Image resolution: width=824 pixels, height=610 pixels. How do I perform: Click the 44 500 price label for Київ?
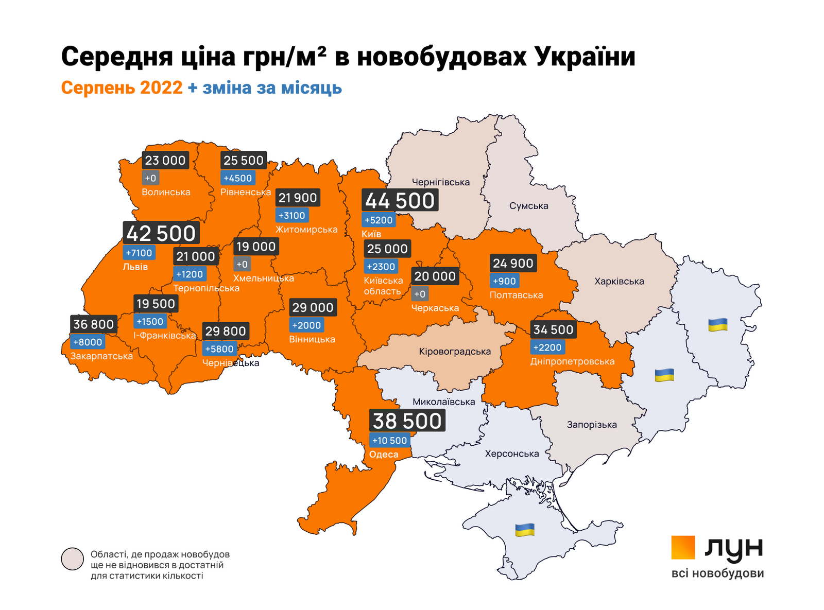(x=400, y=200)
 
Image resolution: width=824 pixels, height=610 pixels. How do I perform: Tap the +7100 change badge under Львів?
(x=139, y=253)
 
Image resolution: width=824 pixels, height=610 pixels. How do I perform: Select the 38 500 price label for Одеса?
(x=407, y=421)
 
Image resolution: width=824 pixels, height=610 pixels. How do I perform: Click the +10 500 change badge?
(x=390, y=441)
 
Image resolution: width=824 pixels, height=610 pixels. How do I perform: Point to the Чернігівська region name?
(x=441, y=182)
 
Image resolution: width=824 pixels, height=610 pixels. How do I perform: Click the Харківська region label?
(x=619, y=282)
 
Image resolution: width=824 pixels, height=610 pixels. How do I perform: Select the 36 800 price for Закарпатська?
(x=93, y=324)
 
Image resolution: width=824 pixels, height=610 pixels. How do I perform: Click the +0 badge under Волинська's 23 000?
(x=150, y=179)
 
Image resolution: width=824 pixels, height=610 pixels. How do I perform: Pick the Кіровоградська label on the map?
(x=455, y=352)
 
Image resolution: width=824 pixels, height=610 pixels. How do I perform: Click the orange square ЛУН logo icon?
(x=683, y=547)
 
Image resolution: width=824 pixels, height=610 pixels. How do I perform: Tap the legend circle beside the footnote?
(x=72, y=559)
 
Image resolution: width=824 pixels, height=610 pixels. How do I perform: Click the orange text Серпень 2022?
(x=122, y=88)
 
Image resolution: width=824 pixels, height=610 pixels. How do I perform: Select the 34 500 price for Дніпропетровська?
(x=553, y=329)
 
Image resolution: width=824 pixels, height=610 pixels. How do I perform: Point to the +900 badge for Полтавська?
(x=504, y=282)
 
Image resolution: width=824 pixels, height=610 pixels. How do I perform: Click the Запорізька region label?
(x=592, y=425)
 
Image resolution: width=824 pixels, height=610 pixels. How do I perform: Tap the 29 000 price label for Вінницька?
(x=313, y=308)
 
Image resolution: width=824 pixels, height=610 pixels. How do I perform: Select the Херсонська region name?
(x=512, y=454)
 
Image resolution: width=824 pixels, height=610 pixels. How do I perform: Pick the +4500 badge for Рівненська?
(x=237, y=179)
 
